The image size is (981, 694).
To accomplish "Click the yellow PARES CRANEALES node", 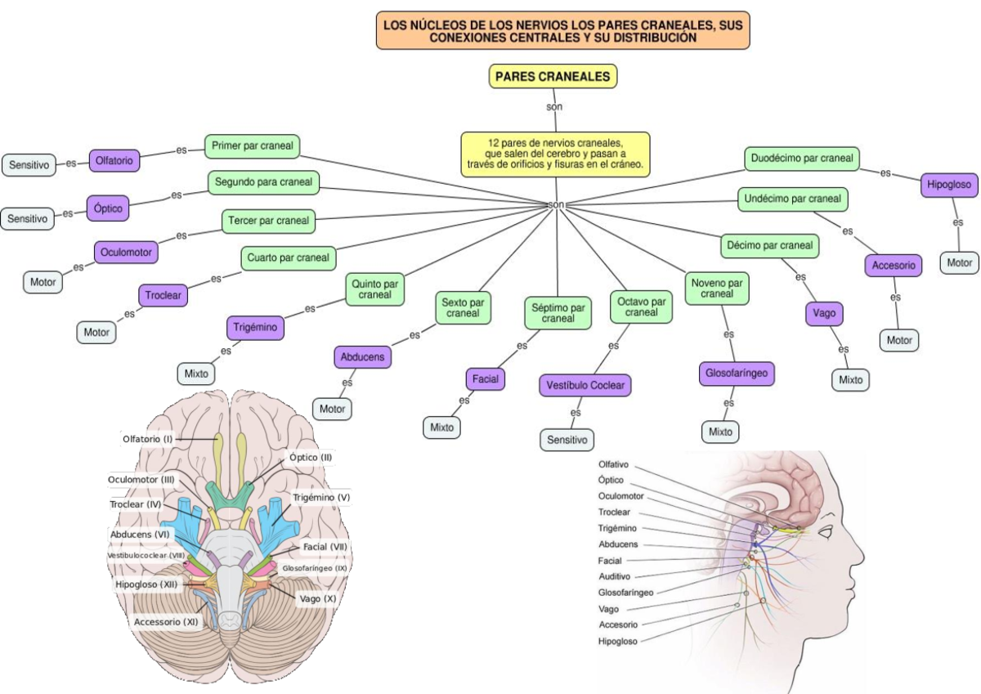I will point(553,76).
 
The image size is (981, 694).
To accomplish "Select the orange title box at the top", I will point(563,31).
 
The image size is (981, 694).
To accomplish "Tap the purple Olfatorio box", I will point(114,161).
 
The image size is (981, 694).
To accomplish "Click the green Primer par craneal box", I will point(252,146).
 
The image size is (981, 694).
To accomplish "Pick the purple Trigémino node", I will point(255,328).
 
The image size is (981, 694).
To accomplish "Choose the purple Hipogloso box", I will point(948,186).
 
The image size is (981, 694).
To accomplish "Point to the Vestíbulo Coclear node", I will point(585,385).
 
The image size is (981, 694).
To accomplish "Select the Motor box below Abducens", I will point(332,409).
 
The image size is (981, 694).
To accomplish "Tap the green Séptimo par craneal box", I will point(558,313).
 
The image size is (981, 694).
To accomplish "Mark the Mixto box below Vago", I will point(850,380).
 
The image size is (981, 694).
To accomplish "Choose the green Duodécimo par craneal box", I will point(800,158).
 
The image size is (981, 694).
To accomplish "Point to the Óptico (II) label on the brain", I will point(311,457).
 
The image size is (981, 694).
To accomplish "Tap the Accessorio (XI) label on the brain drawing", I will point(166,621).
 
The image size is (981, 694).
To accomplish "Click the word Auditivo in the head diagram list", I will point(615,576).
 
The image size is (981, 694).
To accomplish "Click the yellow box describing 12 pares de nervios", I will point(555,153).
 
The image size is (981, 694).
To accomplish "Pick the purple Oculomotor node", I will point(126,253).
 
